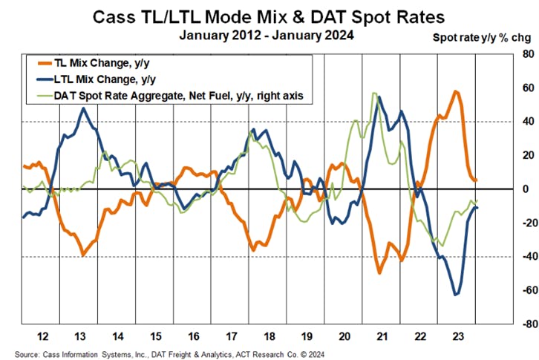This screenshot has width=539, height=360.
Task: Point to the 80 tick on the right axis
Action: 526,54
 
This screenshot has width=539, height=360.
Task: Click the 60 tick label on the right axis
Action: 526,88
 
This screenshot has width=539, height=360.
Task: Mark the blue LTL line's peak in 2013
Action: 83,108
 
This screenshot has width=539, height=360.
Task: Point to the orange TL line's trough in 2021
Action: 379,273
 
